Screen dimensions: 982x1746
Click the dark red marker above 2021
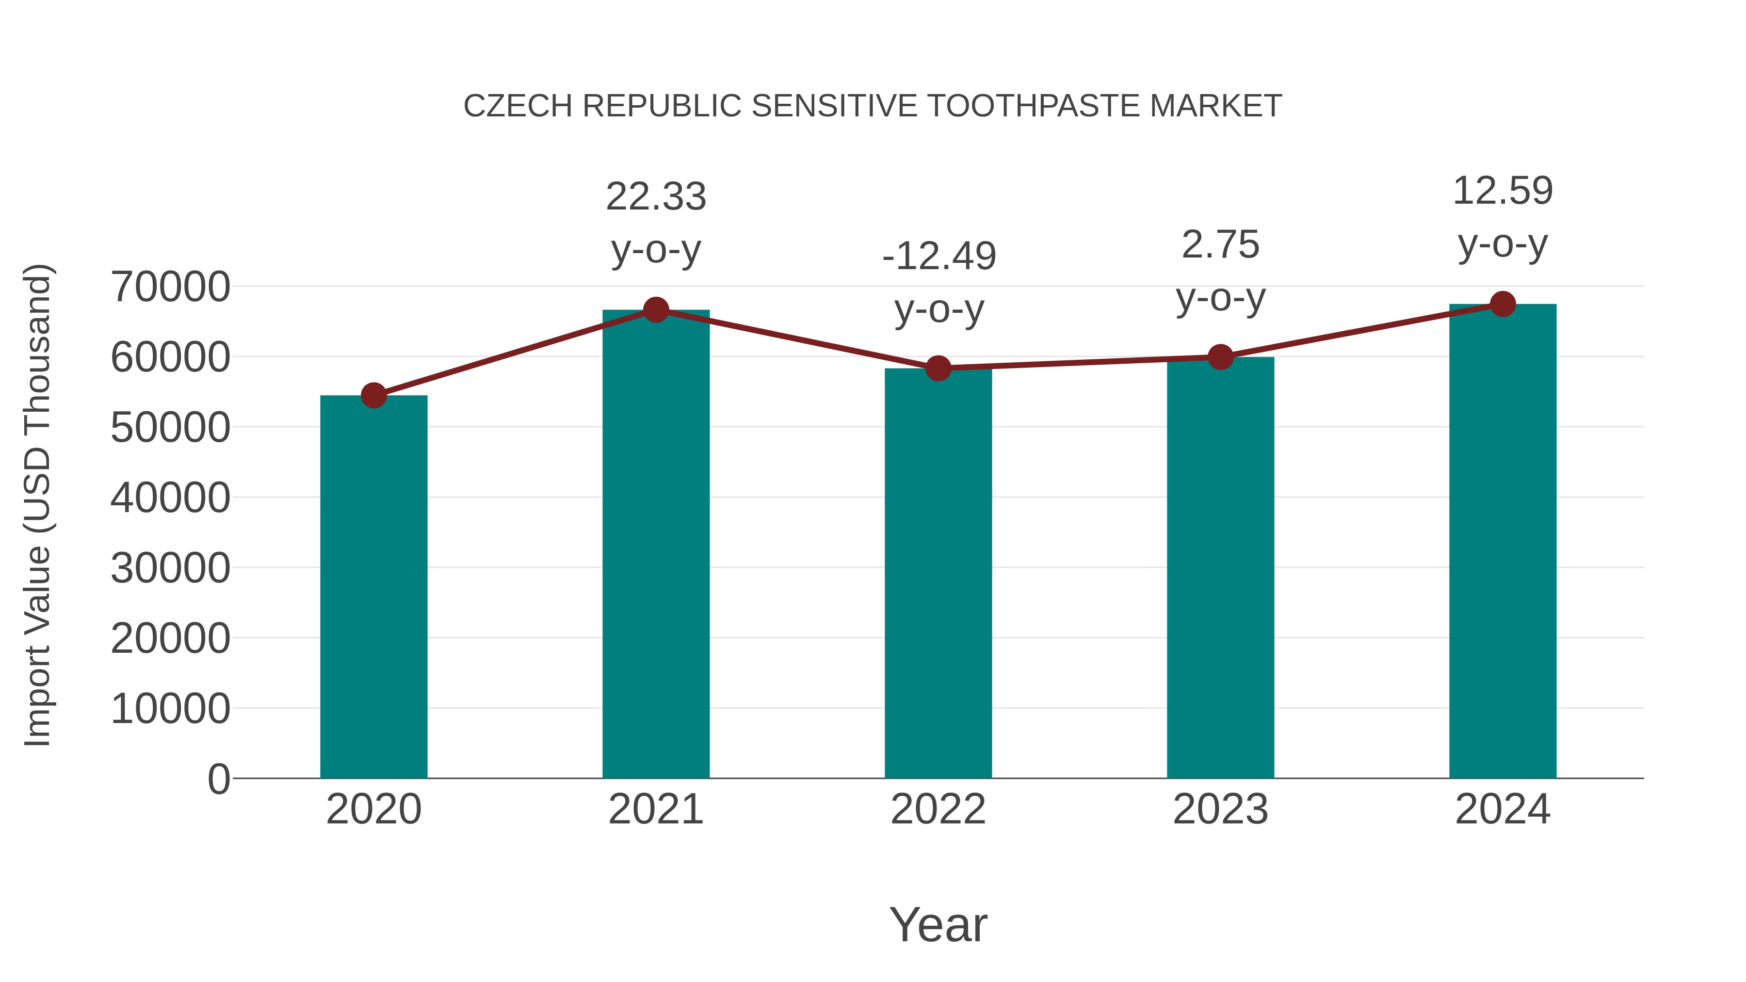click(x=655, y=310)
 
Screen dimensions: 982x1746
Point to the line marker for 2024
click(x=1503, y=304)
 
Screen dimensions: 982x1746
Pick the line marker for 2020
click(x=373, y=395)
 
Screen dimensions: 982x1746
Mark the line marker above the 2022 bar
click(x=938, y=368)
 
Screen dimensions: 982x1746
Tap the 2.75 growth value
click(x=1220, y=245)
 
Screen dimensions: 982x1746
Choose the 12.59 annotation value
click(x=1503, y=191)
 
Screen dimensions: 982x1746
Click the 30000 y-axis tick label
click(x=170, y=568)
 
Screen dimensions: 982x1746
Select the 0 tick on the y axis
click(x=219, y=779)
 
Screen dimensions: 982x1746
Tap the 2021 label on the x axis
click(x=655, y=809)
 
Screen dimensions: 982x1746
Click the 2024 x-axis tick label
click(x=1503, y=809)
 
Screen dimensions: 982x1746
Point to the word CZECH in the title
click(x=518, y=106)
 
